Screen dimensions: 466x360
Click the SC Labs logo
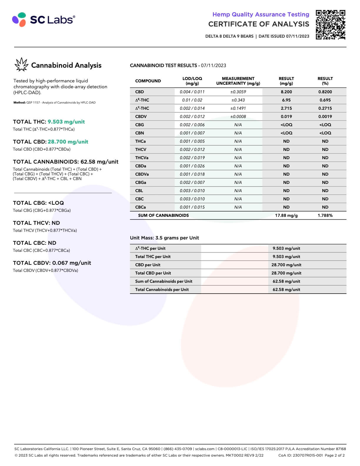[x=44, y=19]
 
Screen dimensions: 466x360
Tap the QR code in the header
[x=330, y=25]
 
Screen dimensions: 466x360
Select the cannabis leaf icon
[x=21, y=64]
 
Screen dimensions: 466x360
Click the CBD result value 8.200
[x=286, y=92]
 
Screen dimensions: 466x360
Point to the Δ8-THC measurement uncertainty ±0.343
[x=238, y=100]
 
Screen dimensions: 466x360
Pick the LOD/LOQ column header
[x=192, y=81]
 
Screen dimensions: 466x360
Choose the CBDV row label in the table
[x=141, y=116]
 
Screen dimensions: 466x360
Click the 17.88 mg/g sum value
[x=286, y=215]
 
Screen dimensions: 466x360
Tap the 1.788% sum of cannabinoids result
[x=325, y=215]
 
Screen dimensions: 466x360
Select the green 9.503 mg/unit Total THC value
[x=66, y=122]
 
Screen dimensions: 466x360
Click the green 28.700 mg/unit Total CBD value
[x=68, y=142]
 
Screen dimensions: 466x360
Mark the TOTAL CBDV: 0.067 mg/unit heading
[x=52, y=263]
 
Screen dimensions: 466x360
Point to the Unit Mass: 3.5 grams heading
[x=164, y=238]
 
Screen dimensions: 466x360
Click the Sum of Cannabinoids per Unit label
[x=164, y=281]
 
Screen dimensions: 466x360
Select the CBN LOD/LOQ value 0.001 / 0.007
[x=192, y=133]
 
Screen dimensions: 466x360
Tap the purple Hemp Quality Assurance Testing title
[x=261, y=14]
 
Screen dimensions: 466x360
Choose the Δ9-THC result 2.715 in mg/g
[x=286, y=108]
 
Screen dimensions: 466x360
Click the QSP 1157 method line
[x=54, y=103]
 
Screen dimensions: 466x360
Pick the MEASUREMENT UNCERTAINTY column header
[x=238, y=81]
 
